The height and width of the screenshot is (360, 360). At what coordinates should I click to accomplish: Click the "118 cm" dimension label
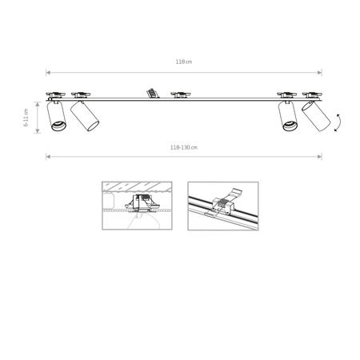(183, 62)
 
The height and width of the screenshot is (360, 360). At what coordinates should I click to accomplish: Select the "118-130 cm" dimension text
(183, 147)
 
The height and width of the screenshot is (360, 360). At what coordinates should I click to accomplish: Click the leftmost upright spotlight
(57, 117)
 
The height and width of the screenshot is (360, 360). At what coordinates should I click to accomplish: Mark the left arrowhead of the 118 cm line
(47, 71)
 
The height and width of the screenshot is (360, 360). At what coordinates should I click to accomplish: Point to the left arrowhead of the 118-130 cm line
(47, 156)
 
